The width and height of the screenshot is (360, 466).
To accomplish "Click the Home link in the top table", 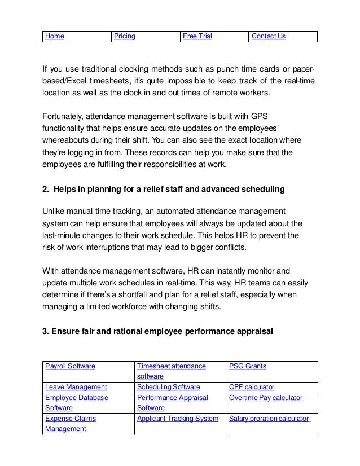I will point(54,37).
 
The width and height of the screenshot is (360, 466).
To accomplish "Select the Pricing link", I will point(125,37).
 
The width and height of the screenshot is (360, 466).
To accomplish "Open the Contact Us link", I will point(269,37).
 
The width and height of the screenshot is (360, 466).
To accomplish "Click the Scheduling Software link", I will point(169,387).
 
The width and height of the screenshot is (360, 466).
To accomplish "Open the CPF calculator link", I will point(252,387).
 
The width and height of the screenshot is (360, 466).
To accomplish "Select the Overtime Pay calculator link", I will point(266,398).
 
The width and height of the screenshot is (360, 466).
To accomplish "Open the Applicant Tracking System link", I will point(178,419).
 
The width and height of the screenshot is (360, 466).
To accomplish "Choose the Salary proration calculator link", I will point(269,419).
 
